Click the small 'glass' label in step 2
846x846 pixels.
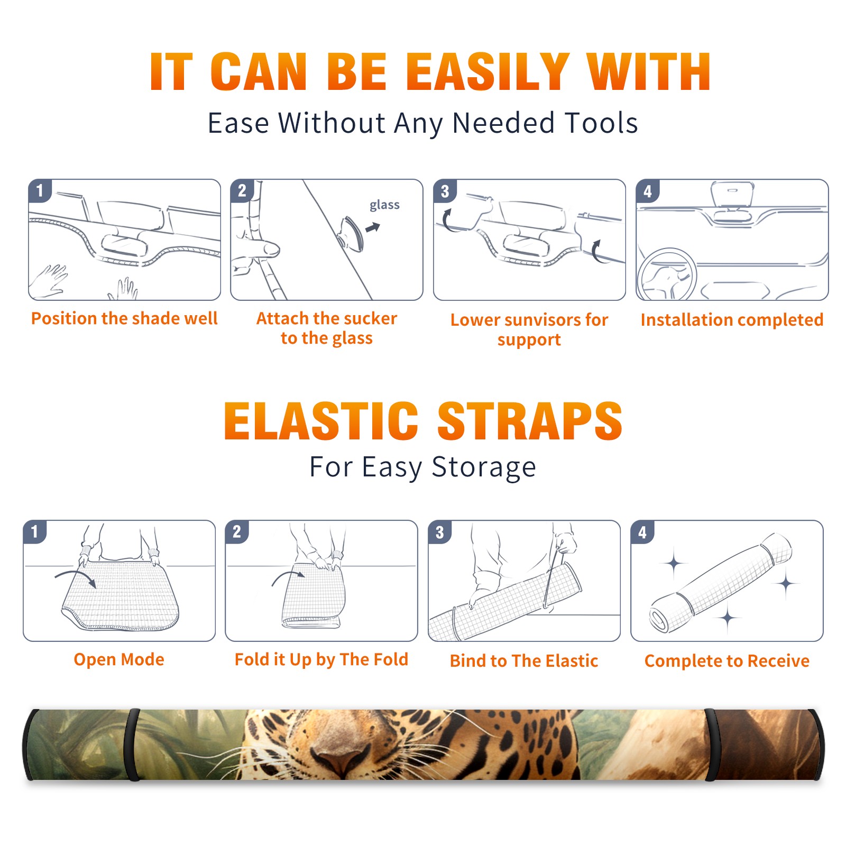click(384, 205)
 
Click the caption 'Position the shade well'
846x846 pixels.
click(124, 318)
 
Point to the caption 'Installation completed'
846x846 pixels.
click(732, 319)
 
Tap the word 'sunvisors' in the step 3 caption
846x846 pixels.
click(536, 320)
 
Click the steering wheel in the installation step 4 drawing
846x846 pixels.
click(667, 275)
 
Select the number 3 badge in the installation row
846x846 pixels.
click(445, 191)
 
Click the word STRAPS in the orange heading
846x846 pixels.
click(530, 421)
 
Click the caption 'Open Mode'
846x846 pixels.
click(119, 659)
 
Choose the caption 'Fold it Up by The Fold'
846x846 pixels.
click(321, 660)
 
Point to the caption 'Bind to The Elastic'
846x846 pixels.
click(524, 661)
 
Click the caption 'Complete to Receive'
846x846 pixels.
click(727, 661)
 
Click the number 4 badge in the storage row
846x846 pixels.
click(642, 532)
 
